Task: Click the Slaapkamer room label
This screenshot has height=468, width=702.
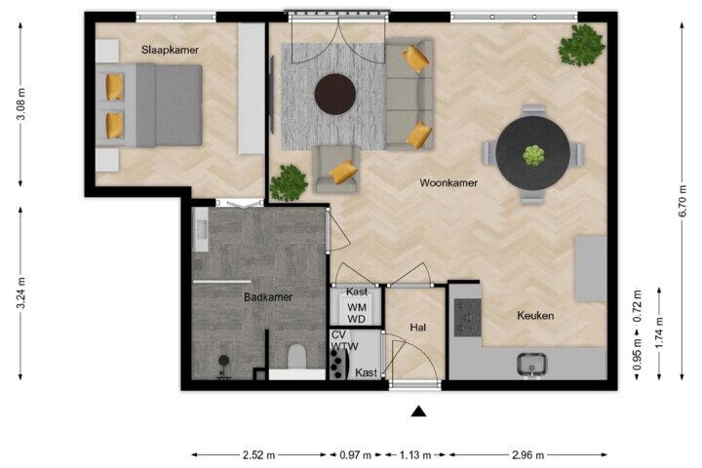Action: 170,50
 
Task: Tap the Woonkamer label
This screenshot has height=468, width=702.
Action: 448,182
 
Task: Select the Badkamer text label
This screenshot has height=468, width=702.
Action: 268,297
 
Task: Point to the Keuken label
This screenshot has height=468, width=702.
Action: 535,316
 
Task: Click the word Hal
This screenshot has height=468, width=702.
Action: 417,328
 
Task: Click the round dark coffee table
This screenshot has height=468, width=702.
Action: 334,95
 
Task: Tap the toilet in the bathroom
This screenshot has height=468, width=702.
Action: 296,356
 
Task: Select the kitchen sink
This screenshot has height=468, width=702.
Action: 531,364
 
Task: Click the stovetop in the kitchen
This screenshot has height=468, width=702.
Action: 468,318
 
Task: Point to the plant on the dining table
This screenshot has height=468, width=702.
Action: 533,155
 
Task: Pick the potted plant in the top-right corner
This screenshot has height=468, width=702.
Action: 581,45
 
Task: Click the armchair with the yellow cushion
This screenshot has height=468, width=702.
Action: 336,170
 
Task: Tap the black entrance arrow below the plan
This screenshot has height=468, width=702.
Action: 418,411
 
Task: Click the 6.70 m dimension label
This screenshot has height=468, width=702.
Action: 682,201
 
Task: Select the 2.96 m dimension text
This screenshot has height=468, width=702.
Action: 527,455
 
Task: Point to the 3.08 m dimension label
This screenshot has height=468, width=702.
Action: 21,104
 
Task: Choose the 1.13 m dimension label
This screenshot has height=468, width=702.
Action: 415,455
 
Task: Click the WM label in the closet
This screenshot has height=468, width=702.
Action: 357,308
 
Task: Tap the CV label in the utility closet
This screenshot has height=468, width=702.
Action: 338,335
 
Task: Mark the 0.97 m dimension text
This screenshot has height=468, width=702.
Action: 356,455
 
